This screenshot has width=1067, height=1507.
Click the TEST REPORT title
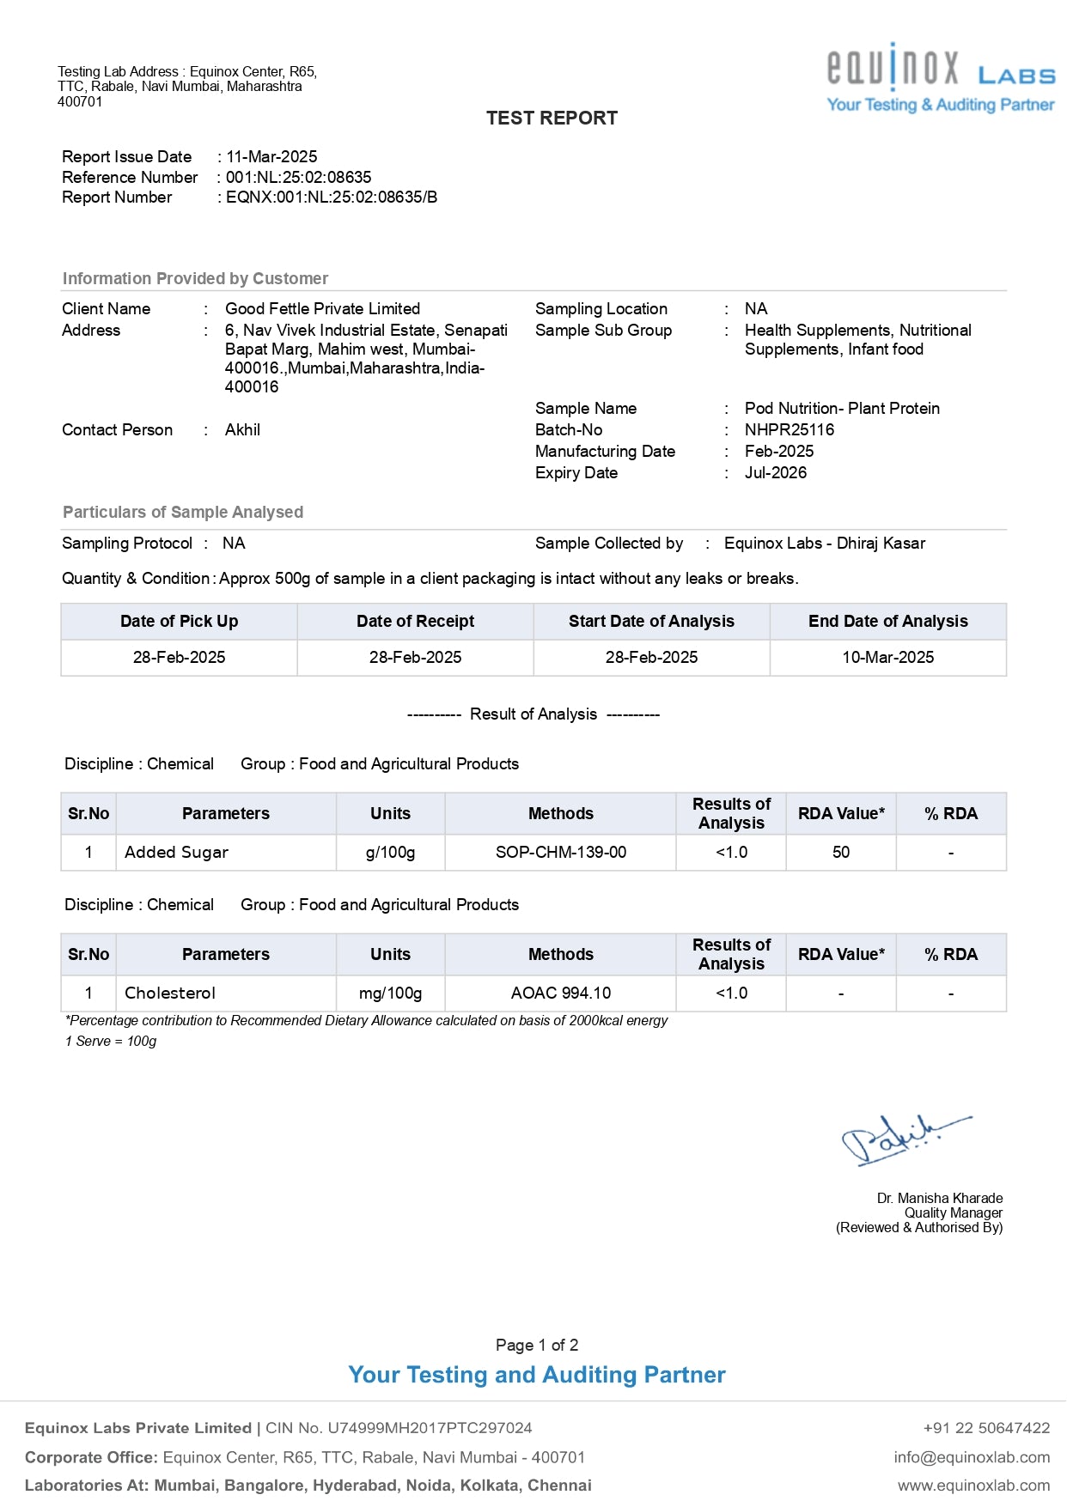(x=552, y=118)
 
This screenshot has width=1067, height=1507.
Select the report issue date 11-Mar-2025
(x=271, y=157)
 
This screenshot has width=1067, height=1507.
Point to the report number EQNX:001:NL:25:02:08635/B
(x=332, y=197)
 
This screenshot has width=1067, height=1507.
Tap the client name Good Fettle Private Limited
(x=322, y=309)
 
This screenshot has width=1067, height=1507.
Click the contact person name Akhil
(x=242, y=430)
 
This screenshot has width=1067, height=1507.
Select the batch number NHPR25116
(x=789, y=430)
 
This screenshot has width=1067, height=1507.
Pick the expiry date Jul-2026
(x=775, y=473)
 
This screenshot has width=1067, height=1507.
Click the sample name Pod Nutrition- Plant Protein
(x=842, y=409)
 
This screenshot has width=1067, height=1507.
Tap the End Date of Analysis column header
(x=887, y=622)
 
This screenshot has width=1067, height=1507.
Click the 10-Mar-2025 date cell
(x=887, y=658)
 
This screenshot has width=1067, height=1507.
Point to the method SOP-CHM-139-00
(x=560, y=853)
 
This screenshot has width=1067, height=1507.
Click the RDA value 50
(x=840, y=853)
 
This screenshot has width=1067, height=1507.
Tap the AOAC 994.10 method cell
(x=560, y=994)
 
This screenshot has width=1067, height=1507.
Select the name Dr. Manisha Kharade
(x=939, y=1198)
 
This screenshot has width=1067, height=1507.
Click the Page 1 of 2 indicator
(x=537, y=1346)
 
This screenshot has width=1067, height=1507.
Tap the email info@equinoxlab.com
(x=972, y=1457)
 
